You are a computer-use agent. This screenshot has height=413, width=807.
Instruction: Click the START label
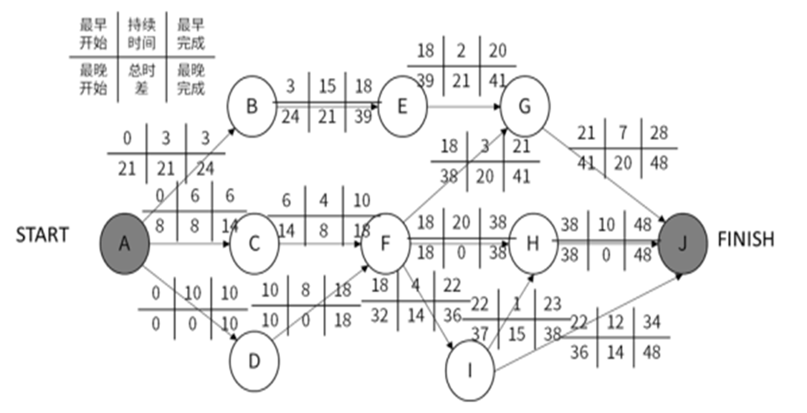[x=42, y=235]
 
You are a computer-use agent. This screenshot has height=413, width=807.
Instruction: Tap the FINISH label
[x=745, y=239]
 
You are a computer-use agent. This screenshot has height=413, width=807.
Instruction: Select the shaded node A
[x=124, y=244]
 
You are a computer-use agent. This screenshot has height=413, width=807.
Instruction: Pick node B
[x=252, y=106]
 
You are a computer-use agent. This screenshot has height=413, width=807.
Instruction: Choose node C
[x=254, y=244]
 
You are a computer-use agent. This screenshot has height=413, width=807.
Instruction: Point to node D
[x=254, y=361]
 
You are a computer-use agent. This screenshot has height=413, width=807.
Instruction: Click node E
[x=403, y=107]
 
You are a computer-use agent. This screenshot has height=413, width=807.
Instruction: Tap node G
[x=524, y=106]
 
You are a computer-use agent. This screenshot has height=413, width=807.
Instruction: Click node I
[x=470, y=371]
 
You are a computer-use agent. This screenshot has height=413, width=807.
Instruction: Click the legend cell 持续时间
[x=142, y=34]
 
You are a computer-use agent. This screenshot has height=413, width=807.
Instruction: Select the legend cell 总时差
[x=142, y=80]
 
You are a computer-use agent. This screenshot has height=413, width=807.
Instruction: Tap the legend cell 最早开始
[x=93, y=34]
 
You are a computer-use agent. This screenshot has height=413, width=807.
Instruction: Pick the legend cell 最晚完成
[x=191, y=80]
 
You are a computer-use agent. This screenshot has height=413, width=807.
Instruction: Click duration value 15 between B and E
[x=327, y=86]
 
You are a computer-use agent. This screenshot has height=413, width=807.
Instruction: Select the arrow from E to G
[x=465, y=107]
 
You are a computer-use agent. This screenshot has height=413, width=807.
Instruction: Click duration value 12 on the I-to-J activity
[x=616, y=323]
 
